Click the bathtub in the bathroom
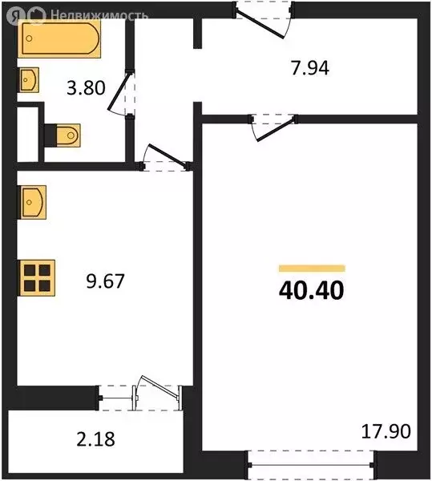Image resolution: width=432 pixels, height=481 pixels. click(59, 38)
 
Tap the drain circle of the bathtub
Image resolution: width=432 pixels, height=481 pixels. click(29, 38)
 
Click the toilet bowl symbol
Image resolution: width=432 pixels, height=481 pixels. click(68, 135)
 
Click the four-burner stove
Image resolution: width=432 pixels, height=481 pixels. click(37, 278)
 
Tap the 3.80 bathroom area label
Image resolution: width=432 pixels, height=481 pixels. click(86, 88)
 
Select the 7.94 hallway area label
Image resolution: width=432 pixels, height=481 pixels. click(310, 68)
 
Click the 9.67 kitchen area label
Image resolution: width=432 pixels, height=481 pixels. click(105, 281)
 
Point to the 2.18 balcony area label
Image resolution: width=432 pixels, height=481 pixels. click(95, 439)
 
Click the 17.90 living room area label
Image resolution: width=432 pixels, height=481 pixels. click(386, 431)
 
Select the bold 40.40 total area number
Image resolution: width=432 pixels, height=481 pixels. click(312, 291)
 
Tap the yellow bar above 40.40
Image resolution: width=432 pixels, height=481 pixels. click(312, 269)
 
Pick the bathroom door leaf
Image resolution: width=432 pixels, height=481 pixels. click(120, 91)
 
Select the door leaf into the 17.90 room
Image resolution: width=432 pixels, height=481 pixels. click(277, 129)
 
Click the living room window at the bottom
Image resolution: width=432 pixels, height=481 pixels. click(311, 465)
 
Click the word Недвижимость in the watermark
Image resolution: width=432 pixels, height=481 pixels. click(99, 14)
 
